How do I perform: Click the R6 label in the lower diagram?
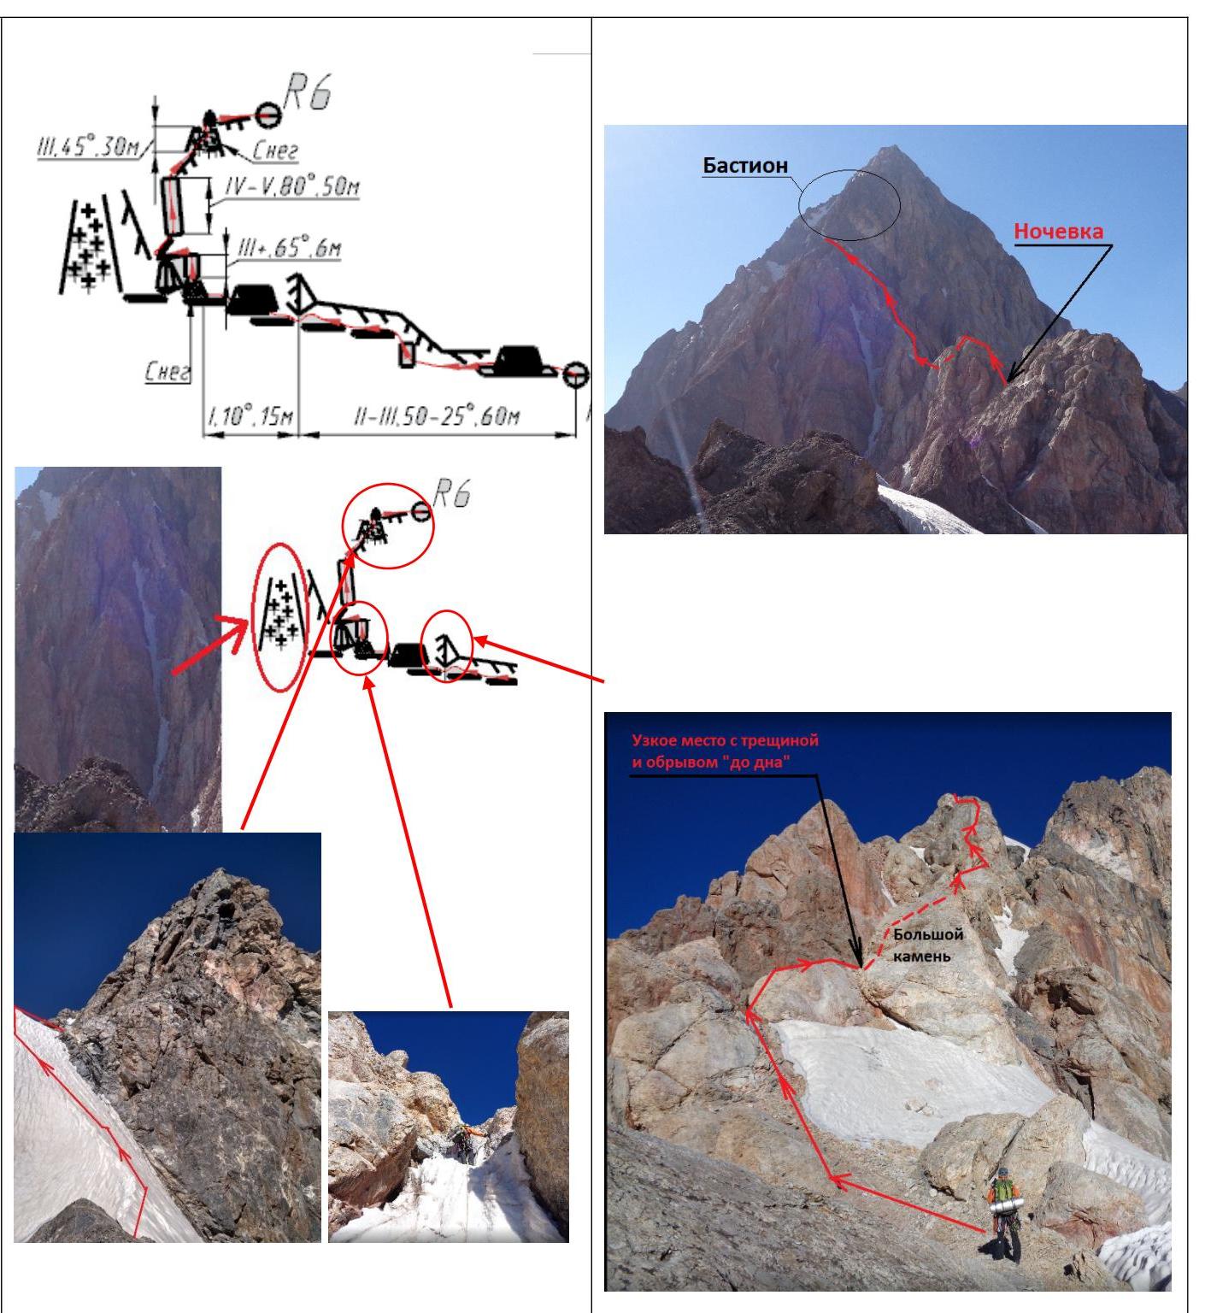click(452, 495)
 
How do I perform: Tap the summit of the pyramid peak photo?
click(891, 146)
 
